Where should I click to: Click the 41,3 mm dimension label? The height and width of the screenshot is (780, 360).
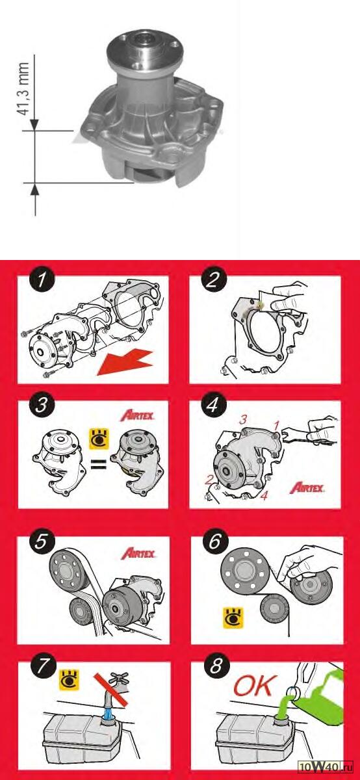click(x=23, y=89)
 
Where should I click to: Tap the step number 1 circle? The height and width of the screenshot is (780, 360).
click(x=42, y=280)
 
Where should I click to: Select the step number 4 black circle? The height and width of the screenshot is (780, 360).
click(x=213, y=404)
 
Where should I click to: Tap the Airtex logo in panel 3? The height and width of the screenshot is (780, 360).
click(x=138, y=415)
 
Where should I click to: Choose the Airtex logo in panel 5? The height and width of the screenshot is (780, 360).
click(x=138, y=554)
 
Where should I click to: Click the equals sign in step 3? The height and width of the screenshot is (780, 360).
click(x=99, y=464)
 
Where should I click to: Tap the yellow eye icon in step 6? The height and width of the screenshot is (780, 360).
click(x=233, y=618)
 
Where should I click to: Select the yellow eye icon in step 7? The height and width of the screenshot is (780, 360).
click(x=70, y=680)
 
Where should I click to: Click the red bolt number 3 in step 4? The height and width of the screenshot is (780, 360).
click(x=243, y=420)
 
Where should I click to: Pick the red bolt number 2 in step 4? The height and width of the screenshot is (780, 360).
click(x=209, y=480)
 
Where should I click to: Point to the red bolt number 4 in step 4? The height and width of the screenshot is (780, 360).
click(x=264, y=495)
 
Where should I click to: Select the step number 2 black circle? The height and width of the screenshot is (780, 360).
click(x=213, y=280)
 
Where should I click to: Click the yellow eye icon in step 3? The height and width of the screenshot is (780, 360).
click(x=99, y=439)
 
